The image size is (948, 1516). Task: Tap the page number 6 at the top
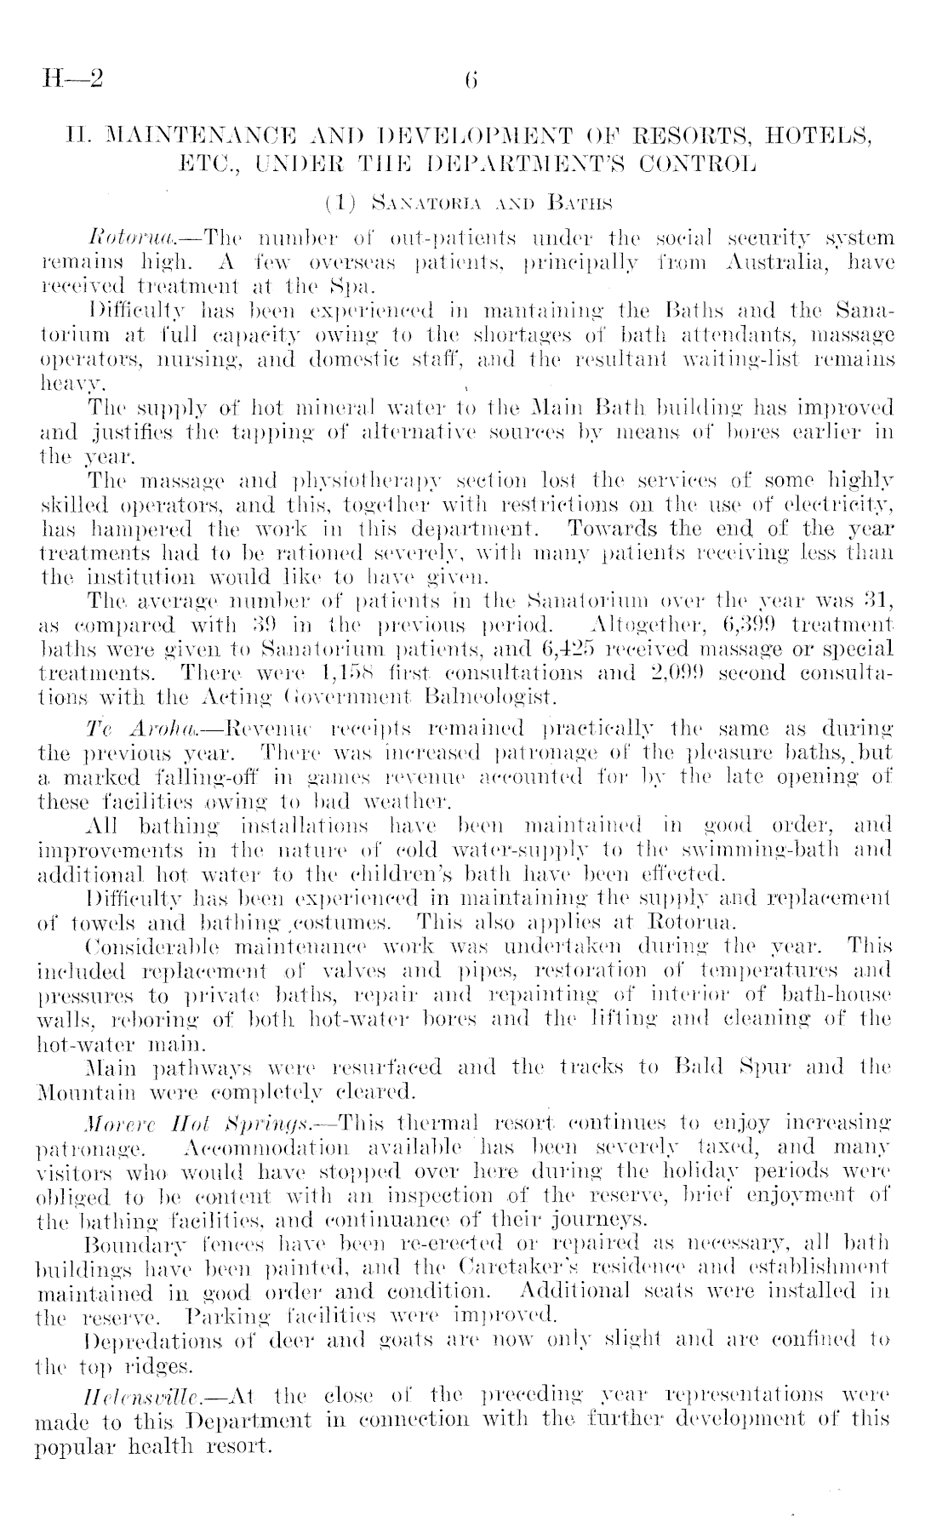[471, 80]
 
